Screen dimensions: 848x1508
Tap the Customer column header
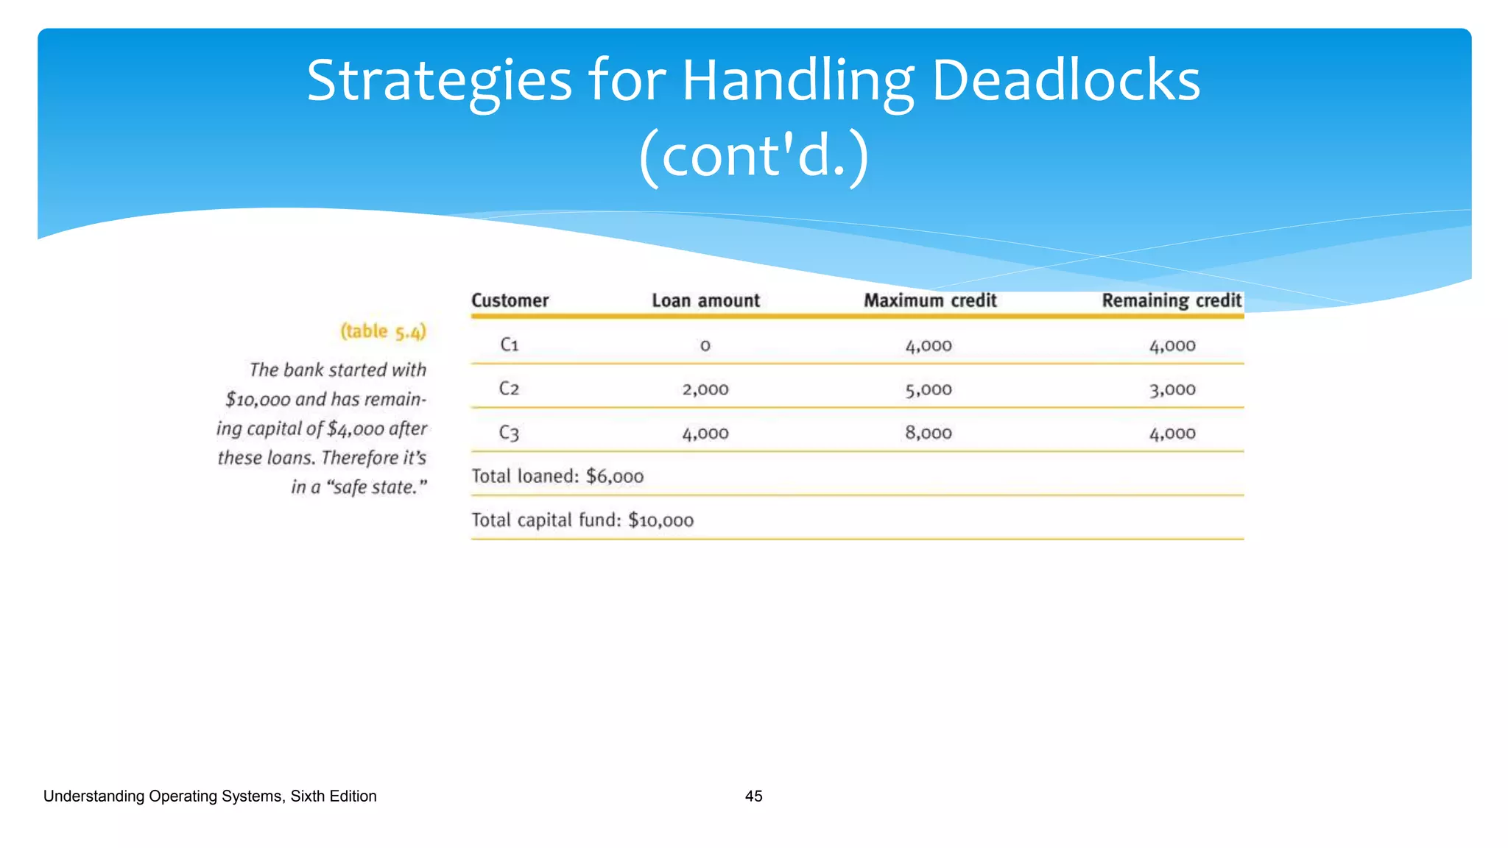coord(510,300)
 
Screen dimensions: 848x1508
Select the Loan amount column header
coord(705,300)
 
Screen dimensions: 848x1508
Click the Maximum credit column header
coord(930,300)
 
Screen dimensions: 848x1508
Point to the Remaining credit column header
coord(1171,300)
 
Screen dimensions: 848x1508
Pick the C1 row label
coord(510,344)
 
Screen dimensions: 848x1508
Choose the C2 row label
coord(510,389)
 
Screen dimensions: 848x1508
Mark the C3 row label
coord(510,433)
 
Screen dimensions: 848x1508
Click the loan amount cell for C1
coord(705,345)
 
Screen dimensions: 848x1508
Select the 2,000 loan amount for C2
coord(705,389)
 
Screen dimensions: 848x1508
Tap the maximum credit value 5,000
coord(929,389)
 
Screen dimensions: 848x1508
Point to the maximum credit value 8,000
coord(929,433)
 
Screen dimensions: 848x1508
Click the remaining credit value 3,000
coord(1172,389)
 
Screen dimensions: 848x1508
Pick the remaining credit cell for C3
coord(1172,434)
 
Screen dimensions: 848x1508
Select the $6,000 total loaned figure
coord(615,477)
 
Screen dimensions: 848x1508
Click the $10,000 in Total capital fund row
coord(660,521)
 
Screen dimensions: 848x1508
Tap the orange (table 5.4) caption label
coord(383,332)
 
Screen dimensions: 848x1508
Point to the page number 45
coord(753,796)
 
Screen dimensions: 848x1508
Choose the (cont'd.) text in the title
coord(753,156)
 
